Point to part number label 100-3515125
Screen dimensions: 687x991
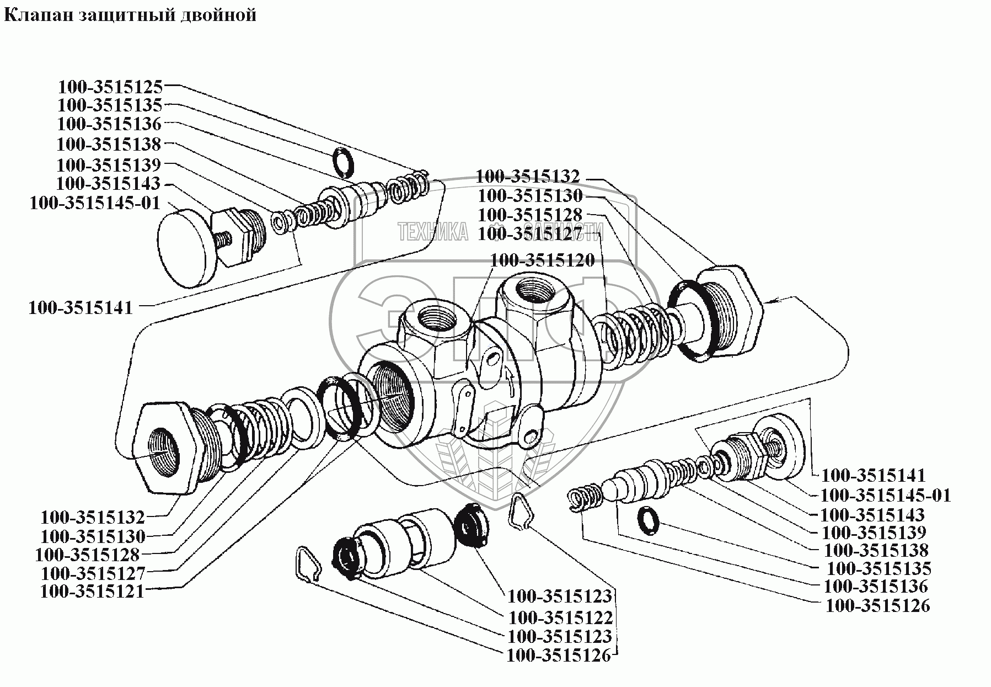(x=110, y=87)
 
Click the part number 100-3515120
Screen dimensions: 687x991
(x=542, y=259)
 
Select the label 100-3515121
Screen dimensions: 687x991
(x=92, y=591)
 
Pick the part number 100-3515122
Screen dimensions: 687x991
(x=560, y=616)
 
